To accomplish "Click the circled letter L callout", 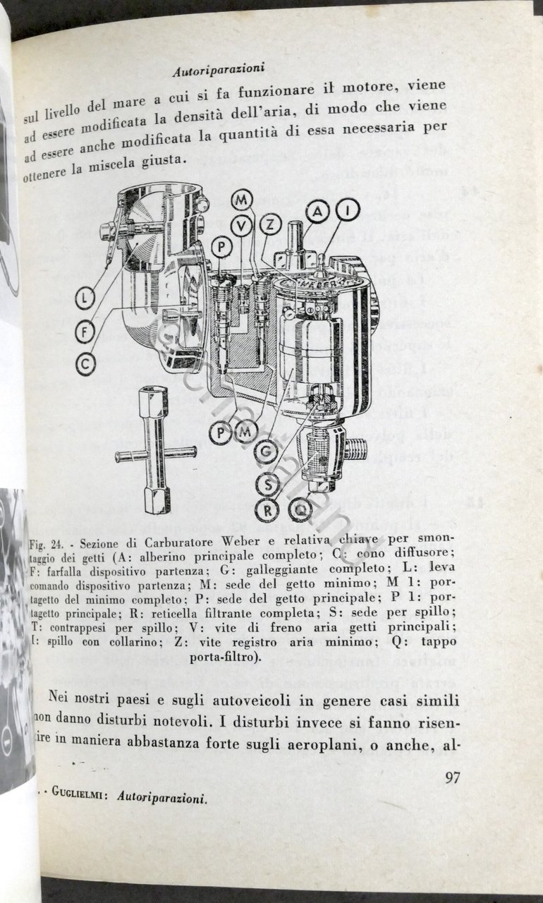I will tap(85, 298).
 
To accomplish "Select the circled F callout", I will tap(85, 331).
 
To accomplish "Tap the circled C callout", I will tap(85, 363).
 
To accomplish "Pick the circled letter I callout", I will tap(347, 210).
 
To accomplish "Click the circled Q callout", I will tap(300, 509).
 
